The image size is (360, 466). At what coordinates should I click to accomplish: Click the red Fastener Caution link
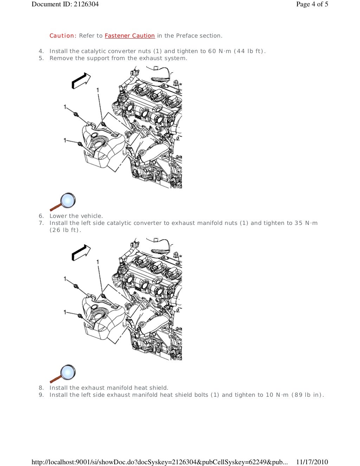[x=129, y=35]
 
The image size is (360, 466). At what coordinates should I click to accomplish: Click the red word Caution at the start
[x=62, y=35]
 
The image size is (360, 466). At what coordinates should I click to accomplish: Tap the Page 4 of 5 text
[x=312, y=4]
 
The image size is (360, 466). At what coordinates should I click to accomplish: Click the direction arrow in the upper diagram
[x=81, y=80]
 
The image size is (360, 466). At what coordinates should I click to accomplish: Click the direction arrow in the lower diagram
[x=81, y=252]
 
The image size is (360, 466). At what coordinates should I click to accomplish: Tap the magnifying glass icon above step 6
[x=63, y=202]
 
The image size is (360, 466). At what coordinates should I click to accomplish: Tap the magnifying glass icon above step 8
[x=63, y=374]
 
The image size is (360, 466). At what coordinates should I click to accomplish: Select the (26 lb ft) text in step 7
[x=65, y=230]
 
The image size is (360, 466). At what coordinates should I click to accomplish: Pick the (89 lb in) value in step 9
[x=308, y=395]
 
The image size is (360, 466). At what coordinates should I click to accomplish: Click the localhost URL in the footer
[x=159, y=462]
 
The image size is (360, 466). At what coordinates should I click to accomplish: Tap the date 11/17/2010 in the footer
[x=312, y=462]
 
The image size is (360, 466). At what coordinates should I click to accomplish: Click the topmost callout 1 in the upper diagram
[x=98, y=90]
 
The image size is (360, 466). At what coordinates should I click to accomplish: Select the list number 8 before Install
[x=41, y=388]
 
